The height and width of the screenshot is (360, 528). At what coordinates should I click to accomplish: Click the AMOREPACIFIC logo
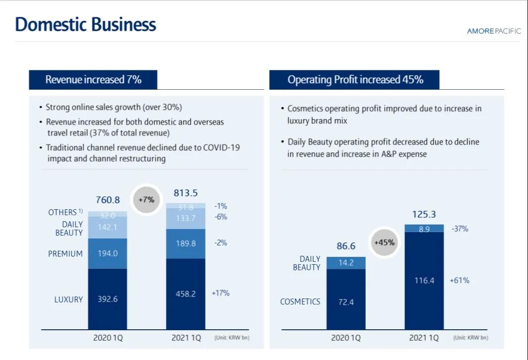pyautogui.click(x=494, y=31)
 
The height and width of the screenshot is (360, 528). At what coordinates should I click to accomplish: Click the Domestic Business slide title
pyautogui.click(x=85, y=24)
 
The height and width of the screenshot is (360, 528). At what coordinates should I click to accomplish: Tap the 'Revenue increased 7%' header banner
pyautogui.click(x=93, y=79)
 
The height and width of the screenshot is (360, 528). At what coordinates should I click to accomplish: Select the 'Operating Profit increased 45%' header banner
pyautogui.click(x=355, y=79)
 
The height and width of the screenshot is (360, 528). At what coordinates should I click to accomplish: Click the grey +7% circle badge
pyautogui.click(x=146, y=200)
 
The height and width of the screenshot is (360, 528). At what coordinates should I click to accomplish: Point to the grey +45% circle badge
pyautogui.click(x=384, y=242)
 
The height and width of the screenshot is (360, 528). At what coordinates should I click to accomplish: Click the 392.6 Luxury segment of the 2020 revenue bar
pyautogui.click(x=108, y=299)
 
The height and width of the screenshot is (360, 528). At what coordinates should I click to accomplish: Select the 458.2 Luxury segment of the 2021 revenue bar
pyautogui.click(x=186, y=294)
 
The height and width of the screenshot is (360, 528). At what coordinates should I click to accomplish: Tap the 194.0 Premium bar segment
pyautogui.click(x=108, y=253)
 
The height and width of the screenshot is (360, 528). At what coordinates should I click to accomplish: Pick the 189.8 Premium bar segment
pyautogui.click(x=186, y=243)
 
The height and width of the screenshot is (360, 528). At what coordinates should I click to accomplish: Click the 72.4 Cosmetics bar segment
pyautogui.click(x=346, y=301)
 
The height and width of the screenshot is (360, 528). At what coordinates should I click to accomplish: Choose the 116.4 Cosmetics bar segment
pyautogui.click(x=424, y=281)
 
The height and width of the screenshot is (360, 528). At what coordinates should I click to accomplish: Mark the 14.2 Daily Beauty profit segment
pyautogui.click(x=346, y=263)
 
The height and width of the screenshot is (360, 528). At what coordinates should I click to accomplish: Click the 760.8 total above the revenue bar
pyautogui.click(x=108, y=200)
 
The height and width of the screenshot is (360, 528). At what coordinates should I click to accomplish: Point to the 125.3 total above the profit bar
pyautogui.click(x=424, y=215)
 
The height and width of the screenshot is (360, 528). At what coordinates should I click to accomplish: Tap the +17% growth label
pyautogui.click(x=220, y=293)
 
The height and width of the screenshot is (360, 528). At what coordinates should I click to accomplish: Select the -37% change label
pyautogui.click(x=460, y=229)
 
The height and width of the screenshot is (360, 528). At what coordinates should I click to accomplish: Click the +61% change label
pyautogui.click(x=460, y=280)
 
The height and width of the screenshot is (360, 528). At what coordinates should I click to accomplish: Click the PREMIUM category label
pyautogui.click(x=65, y=253)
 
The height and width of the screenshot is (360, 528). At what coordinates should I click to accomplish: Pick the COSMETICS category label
pyautogui.click(x=300, y=301)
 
